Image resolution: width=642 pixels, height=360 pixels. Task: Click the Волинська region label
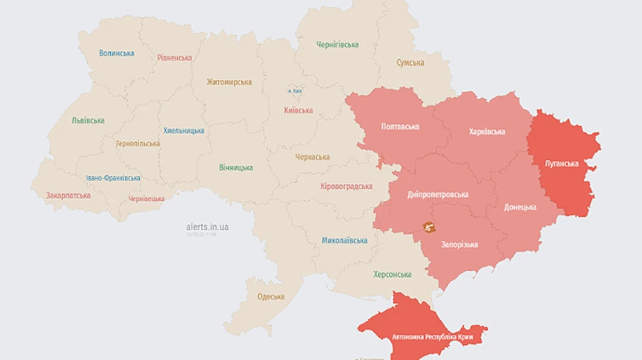(117, 53)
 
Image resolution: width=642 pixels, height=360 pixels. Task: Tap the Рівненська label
(175, 58)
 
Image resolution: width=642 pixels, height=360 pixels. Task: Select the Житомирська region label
(229, 82)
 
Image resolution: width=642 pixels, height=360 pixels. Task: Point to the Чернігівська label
(337, 45)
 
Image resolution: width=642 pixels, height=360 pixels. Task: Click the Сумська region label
(410, 63)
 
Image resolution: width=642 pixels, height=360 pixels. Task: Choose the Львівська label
(88, 120)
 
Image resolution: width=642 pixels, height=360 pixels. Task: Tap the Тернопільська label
(138, 143)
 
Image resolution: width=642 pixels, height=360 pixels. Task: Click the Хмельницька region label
(183, 130)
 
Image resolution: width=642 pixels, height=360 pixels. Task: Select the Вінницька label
(235, 168)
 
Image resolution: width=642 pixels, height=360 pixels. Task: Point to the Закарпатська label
(68, 195)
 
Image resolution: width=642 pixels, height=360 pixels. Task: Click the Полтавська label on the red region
(400, 127)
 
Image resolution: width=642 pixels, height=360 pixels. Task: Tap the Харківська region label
(487, 132)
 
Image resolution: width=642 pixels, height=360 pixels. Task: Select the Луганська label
(561, 163)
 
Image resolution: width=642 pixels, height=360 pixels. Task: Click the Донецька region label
(520, 207)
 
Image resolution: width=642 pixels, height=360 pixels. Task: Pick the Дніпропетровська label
(437, 194)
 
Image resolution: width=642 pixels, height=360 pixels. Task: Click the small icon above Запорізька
(429, 227)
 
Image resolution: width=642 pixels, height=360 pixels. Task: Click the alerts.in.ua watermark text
(207, 227)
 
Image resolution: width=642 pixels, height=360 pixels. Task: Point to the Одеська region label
(270, 297)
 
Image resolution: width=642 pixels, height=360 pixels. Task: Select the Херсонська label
(392, 274)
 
